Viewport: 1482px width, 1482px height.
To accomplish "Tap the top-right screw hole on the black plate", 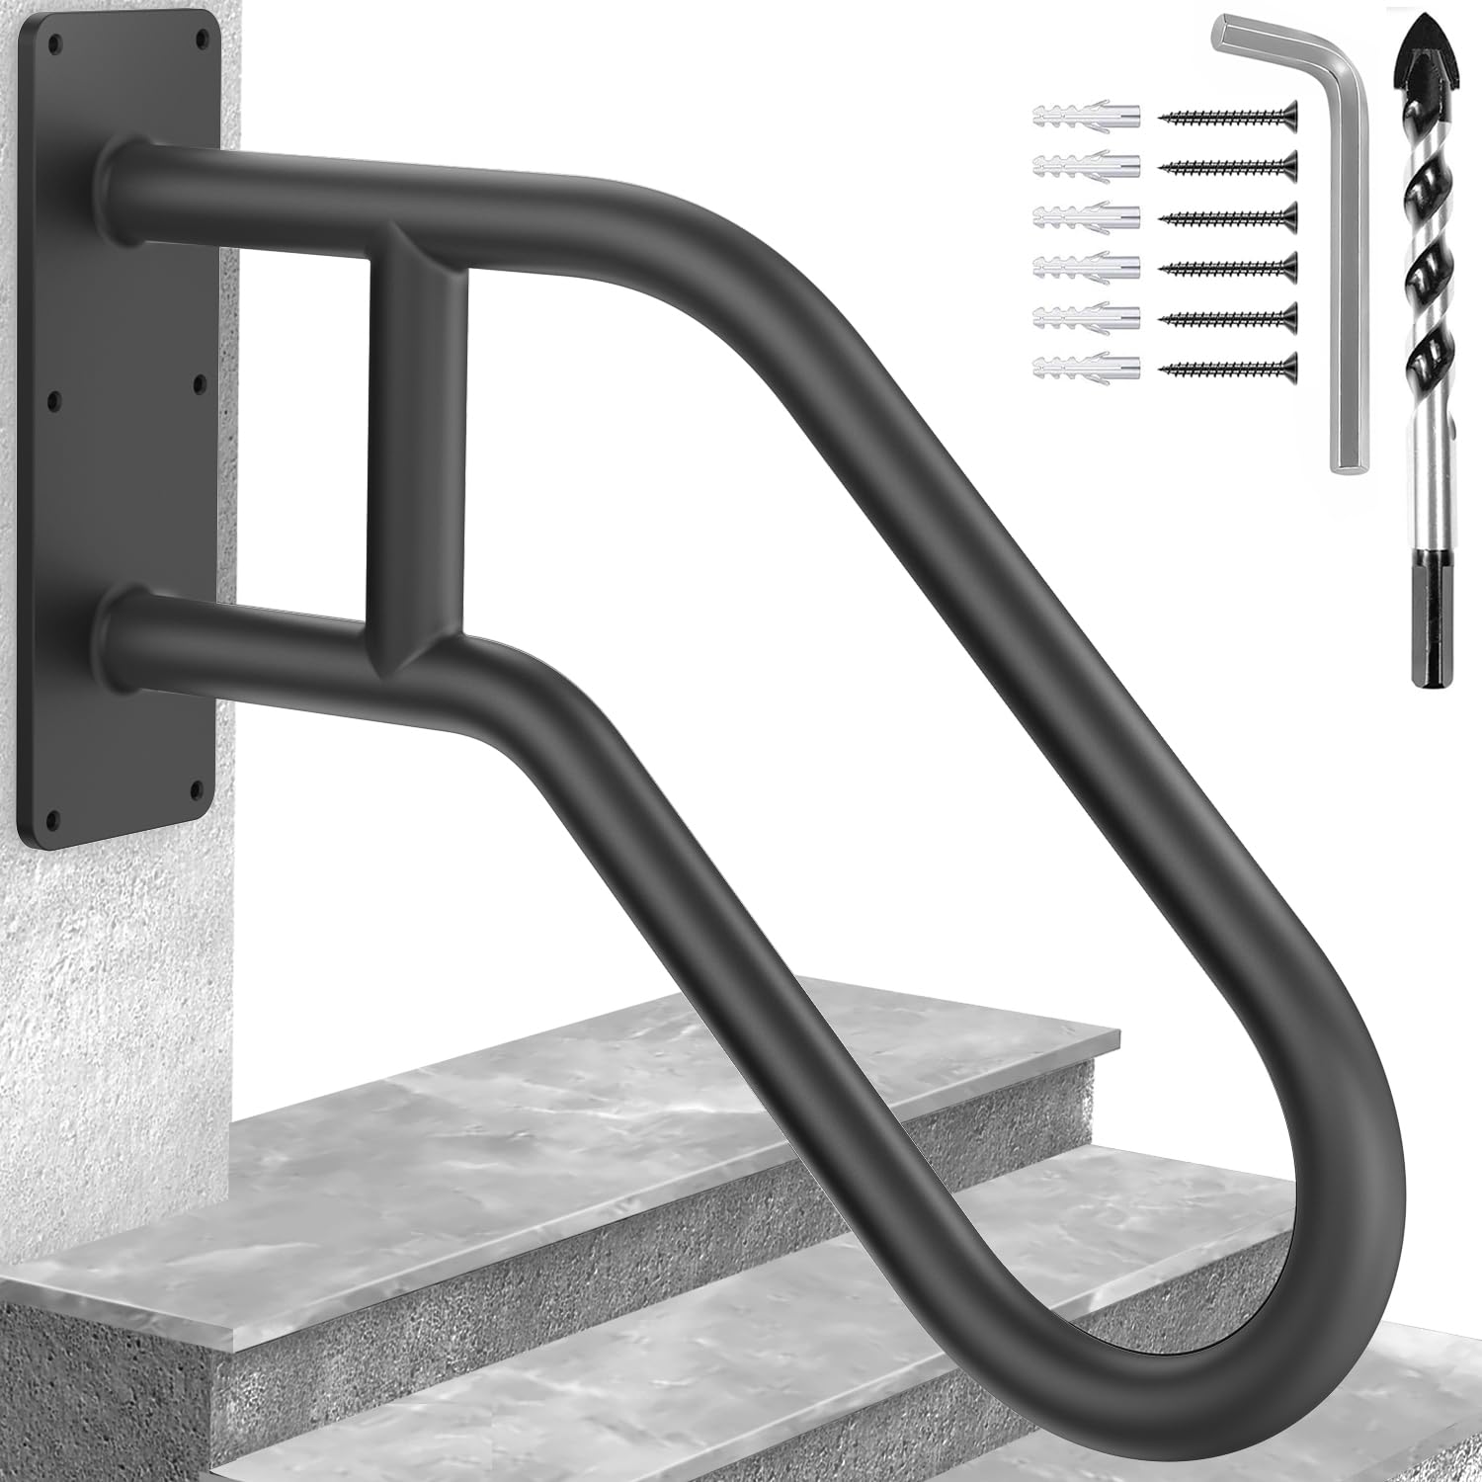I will coord(204,41).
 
